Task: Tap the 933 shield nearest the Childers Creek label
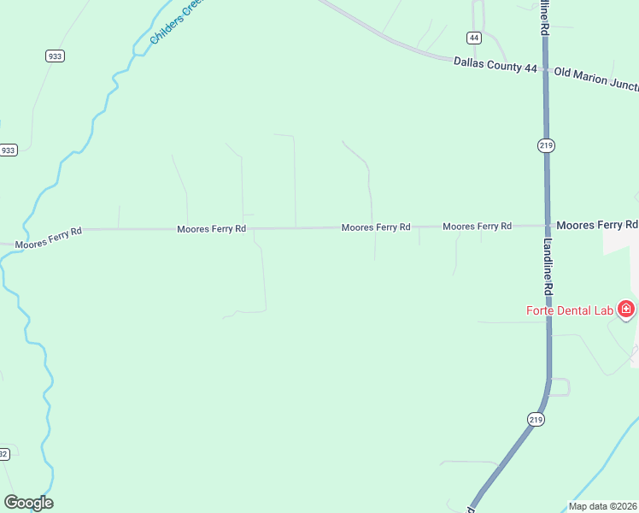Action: [x=56, y=56]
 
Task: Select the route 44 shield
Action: [x=473, y=38]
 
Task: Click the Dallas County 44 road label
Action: [x=495, y=63]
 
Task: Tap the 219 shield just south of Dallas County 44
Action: [x=547, y=145]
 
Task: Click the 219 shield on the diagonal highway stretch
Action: [x=536, y=419]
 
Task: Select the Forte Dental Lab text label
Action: [x=570, y=310]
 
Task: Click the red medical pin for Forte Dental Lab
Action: [x=626, y=309]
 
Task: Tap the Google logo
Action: [x=29, y=503]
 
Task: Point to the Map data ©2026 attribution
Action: [x=603, y=506]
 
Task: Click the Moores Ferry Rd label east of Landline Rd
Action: [x=596, y=224]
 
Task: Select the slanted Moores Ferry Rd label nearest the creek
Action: [x=49, y=238]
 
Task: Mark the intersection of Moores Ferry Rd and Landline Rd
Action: [x=547, y=226]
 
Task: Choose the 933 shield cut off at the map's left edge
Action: [x=8, y=150]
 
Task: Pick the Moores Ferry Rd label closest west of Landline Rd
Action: [x=477, y=227]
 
